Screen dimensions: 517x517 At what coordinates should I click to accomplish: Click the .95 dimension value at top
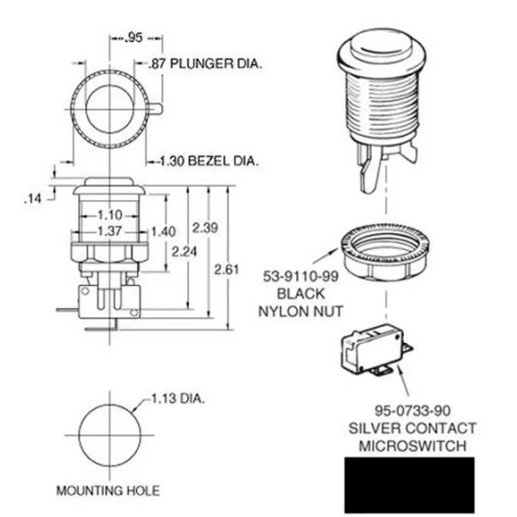134,38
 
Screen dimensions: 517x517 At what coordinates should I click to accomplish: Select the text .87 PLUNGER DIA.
205,64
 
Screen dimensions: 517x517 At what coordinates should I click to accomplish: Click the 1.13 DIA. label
177,399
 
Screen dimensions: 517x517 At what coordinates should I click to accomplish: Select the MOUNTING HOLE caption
108,491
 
